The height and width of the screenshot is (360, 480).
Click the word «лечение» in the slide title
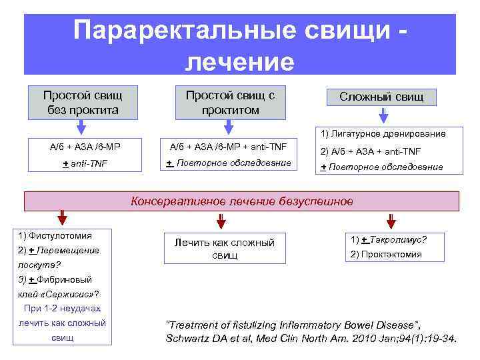click(239, 61)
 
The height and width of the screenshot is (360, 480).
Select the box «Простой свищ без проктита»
click(82, 101)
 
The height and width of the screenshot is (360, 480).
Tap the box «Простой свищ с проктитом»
click(229, 101)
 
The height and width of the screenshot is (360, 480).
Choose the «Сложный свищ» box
click(381, 97)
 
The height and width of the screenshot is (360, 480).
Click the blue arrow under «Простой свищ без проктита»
click(82, 127)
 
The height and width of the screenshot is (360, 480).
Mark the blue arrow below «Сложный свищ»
click(384, 115)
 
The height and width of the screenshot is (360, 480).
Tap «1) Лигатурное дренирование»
click(383, 133)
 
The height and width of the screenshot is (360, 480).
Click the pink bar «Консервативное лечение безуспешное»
click(241, 201)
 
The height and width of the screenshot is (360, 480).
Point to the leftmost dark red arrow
click(62, 219)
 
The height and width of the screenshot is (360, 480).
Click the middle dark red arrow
click(221, 219)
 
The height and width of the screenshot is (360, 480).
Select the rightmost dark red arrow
click(391, 219)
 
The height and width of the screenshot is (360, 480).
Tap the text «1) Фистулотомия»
click(56, 235)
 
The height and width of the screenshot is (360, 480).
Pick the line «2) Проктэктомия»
click(385, 254)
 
